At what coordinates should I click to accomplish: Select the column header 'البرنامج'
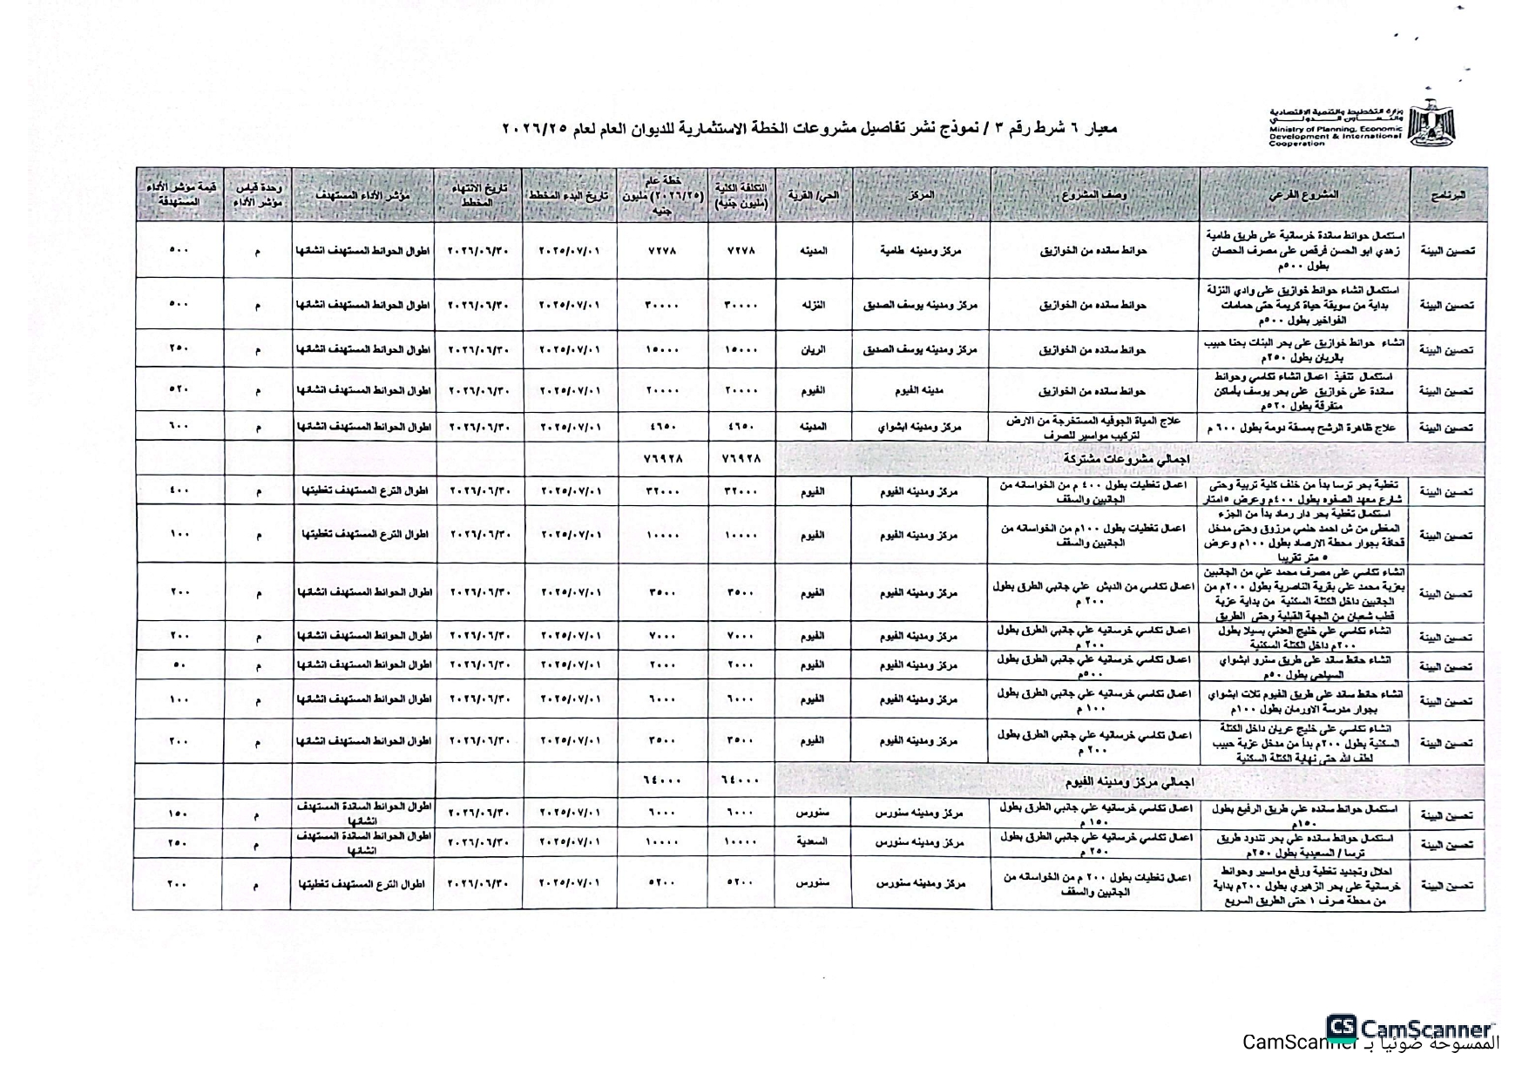pyautogui.click(x=1447, y=194)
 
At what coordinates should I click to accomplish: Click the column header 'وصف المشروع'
pyautogui.click(x=1094, y=194)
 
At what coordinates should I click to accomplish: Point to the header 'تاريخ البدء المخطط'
pyautogui.click(x=570, y=194)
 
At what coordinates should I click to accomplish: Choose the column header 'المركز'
pyautogui.click(x=921, y=194)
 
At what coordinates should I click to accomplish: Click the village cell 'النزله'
pyautogui.click(x=813, y=305)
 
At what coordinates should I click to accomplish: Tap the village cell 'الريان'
pyautogui.click(x=813, y=349)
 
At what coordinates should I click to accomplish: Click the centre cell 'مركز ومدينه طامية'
pyautogui.click(x=921, y=251)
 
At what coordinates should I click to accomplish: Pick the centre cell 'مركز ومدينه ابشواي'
pyautogui.click(x=921, y=427)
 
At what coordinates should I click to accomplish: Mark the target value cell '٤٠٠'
pyautogui.click(x=179, y=490)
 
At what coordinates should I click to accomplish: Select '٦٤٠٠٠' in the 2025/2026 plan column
pyautogui.click(x=662, y=781)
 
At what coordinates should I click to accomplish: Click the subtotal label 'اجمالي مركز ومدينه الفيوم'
pyautogui.click(x=1128, y=782)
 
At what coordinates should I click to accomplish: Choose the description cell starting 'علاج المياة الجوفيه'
pyautogui.click(x=1094, y=427)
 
